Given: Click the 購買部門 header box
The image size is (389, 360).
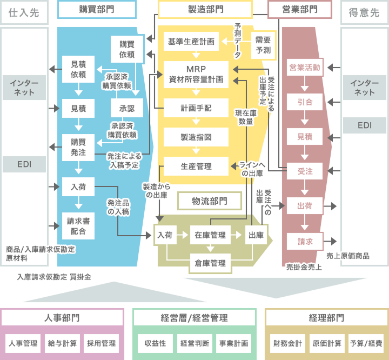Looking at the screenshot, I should [97, 9].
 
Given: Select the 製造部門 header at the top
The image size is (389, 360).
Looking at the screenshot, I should [205, 9].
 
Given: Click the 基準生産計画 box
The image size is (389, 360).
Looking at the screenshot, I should [191, 41].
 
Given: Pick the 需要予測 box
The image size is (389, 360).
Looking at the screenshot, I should [263, 45].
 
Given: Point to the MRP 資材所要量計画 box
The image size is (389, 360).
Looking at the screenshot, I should [197, 75].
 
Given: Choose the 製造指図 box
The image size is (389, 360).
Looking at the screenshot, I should [196, 137].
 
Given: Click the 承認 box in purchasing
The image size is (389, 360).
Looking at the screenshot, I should [127, 108].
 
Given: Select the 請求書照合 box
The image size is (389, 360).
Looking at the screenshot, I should [78, 226].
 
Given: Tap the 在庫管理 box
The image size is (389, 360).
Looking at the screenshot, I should [210, 235].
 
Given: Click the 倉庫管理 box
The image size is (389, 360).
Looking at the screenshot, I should [210, 263].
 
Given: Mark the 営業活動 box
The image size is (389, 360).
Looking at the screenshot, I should [305, 68].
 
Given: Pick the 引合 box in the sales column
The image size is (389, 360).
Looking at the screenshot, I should [305, 102].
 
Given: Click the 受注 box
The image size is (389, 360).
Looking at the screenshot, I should [305, 171].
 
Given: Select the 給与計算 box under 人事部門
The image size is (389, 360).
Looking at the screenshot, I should [62, 343].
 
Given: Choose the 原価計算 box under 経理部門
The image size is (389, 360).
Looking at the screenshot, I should [326, 343].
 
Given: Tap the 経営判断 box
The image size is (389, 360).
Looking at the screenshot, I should [194, 343].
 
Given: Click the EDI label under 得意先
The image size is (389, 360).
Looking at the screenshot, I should [365, 125].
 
